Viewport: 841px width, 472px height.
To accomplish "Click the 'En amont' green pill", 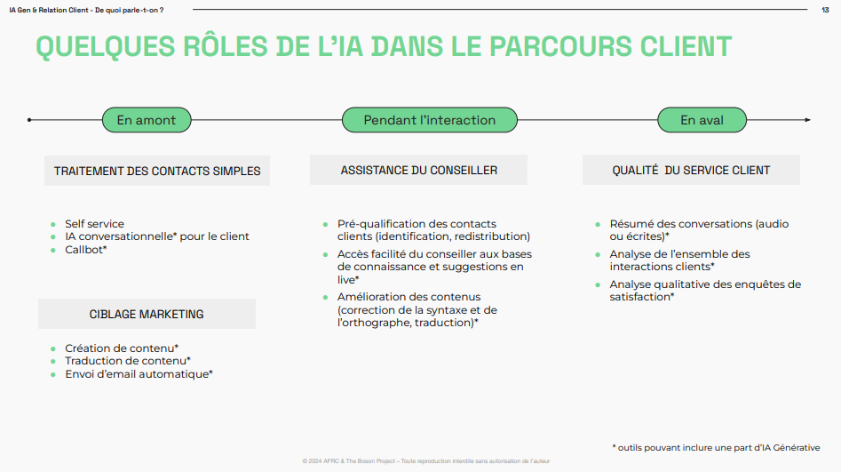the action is [x=147, y=120].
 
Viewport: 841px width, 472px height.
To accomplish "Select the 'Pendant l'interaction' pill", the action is [x=430, y=120].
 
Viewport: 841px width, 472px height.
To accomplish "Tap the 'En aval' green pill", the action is [x=702, y=120].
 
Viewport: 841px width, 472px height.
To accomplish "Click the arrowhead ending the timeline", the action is [x=808, y=120].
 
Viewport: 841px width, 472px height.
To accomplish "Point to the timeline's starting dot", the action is [x=29, y=120].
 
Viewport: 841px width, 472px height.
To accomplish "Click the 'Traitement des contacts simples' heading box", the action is [x=157, y=171].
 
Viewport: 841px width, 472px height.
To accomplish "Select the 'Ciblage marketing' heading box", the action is [x=147, y=314].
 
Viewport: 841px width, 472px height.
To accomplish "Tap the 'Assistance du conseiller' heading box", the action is [x=418, y=170].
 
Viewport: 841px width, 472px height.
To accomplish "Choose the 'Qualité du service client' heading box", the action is [x=691, y=170].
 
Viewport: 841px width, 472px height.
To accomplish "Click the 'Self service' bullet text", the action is [x=94, y=224].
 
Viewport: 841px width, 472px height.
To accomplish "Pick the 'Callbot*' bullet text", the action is [x=86, y=250].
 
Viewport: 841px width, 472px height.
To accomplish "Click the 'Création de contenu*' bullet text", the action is [x=122, y=348].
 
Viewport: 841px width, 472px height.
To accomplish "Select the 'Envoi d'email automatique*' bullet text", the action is [x=139, y=374].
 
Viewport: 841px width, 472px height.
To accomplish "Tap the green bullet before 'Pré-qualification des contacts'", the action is [x=326, y=225].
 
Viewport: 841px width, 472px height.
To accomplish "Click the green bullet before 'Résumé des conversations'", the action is [x=598, y=225].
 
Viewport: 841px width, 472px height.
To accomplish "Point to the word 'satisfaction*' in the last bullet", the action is [x=641, y=297].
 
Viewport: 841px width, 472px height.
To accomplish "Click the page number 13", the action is [x=825, y=10].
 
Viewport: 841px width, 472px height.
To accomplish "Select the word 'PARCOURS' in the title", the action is [x=560, y=46].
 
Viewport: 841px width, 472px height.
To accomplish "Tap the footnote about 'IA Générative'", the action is [x=716, y=448].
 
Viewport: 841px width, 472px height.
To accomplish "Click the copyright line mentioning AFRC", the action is [x=426, y=461].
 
